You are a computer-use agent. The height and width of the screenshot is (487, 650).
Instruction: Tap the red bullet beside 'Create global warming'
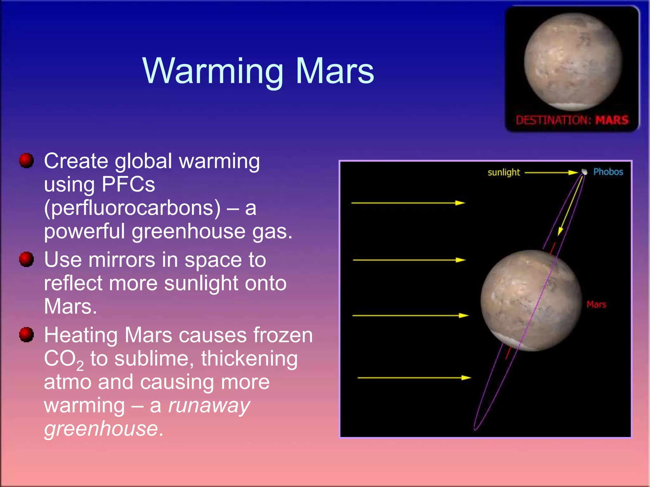tap(26, 160)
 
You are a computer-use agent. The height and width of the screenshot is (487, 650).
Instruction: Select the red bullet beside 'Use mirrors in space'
tap(26, 259)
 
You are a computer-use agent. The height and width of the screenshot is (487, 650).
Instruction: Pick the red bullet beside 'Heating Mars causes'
tap(26, 334)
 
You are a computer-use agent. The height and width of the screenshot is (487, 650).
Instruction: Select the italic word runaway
tap(209, 406)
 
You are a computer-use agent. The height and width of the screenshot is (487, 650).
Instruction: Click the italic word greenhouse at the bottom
tap(101, 429)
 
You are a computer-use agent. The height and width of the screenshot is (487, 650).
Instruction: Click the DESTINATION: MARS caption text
tap(572, 120)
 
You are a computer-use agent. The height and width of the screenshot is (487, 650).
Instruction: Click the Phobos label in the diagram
tap(608, 172)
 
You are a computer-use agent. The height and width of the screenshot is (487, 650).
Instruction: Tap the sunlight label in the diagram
tap(504, 172)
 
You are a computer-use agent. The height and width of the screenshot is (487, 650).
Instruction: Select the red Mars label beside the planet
tap(596, 304)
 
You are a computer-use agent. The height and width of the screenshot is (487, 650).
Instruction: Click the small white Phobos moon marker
tap(584, 172)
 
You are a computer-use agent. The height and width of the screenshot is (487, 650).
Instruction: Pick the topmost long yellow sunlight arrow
tap(408, 203)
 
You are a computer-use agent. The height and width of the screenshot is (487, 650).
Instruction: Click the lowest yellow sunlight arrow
tap(414, 378)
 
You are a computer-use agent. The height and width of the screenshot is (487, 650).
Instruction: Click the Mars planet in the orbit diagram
tap(531, 300)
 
